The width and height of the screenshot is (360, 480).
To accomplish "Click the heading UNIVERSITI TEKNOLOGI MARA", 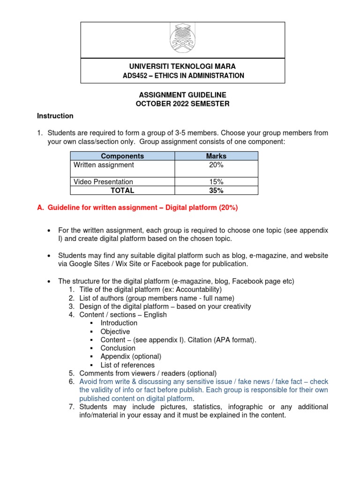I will click(182, 66).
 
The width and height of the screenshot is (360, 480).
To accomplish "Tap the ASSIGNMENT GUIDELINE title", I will click(182, 95).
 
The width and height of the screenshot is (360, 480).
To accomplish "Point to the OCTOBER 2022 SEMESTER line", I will click(182, 104).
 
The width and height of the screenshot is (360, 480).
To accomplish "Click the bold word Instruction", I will click(55, 116).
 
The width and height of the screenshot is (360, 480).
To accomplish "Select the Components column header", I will click(122, 156).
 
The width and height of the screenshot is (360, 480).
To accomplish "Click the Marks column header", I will click(216, 156).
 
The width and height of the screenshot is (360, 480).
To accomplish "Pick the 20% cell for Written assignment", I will click(216, 165).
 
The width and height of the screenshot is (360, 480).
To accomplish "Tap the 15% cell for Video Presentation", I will click(216, 182).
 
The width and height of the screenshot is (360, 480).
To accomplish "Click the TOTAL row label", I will click(122, 190).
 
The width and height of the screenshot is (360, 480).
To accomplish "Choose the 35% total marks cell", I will click(216, 190).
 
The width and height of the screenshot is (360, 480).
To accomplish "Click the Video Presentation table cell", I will click(104, 182).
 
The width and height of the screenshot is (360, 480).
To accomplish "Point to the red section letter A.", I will click(40, 208).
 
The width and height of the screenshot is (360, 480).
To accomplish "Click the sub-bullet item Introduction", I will click(119, 323).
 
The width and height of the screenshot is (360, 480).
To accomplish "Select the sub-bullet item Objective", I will click(115, 331).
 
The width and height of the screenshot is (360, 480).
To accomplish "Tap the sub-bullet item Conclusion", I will click(118, 348).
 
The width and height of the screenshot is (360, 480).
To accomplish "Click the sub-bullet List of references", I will click(127, 365).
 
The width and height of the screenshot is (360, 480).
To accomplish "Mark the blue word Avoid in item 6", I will click(88, 382).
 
